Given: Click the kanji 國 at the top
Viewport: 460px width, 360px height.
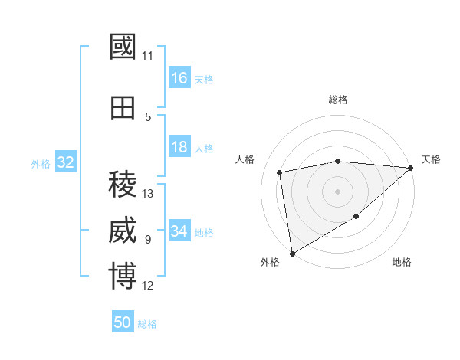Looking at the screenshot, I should click(123, 47).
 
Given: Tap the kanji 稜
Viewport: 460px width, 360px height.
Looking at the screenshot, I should click(123, 184).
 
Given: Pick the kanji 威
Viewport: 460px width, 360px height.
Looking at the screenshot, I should click(123, 231).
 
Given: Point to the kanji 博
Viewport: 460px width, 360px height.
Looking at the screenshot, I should click(123, 277).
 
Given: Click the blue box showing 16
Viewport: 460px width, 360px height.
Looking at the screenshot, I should click(179, 78).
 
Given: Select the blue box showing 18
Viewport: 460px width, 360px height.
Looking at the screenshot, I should click(179, 147).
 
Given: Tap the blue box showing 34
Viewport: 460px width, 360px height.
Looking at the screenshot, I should click(179, 231).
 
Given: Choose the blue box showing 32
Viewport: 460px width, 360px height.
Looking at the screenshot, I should click(65, 162).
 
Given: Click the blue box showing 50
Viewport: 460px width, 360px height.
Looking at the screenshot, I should click(123, 322).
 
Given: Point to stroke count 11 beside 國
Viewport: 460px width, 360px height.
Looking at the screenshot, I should click(147, 56).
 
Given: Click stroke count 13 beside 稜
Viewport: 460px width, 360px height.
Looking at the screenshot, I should click(148, 194).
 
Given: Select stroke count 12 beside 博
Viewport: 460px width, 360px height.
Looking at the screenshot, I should click(148, 286).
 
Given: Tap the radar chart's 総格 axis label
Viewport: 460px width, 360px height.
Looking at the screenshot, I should click(338, 100).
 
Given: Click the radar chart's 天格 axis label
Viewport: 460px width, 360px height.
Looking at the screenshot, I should click(431, 159).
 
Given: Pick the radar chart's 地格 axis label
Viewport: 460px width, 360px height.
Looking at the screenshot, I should click(402, 263).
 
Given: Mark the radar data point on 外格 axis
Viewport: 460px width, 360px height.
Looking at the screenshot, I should click(292, 253).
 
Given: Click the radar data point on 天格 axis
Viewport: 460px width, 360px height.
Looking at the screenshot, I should click(411, 168).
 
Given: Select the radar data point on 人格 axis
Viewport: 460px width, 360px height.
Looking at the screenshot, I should click(280, 172).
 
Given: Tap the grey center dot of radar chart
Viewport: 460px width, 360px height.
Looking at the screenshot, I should click(338, 191).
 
